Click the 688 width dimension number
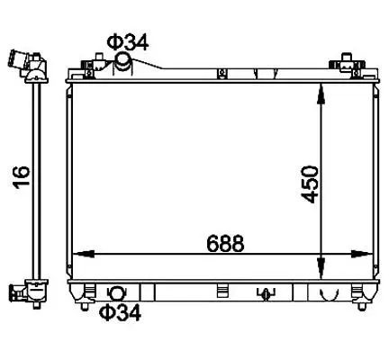point(225,243)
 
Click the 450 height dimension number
point(309,184)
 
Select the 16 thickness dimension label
point(22,177)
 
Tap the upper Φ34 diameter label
point(128,43)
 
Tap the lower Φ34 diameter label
point(120,312)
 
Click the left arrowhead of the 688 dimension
point(84,254)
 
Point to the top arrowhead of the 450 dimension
point(321,94)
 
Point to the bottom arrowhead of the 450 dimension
point(321,269)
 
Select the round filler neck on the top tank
point(123,61)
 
